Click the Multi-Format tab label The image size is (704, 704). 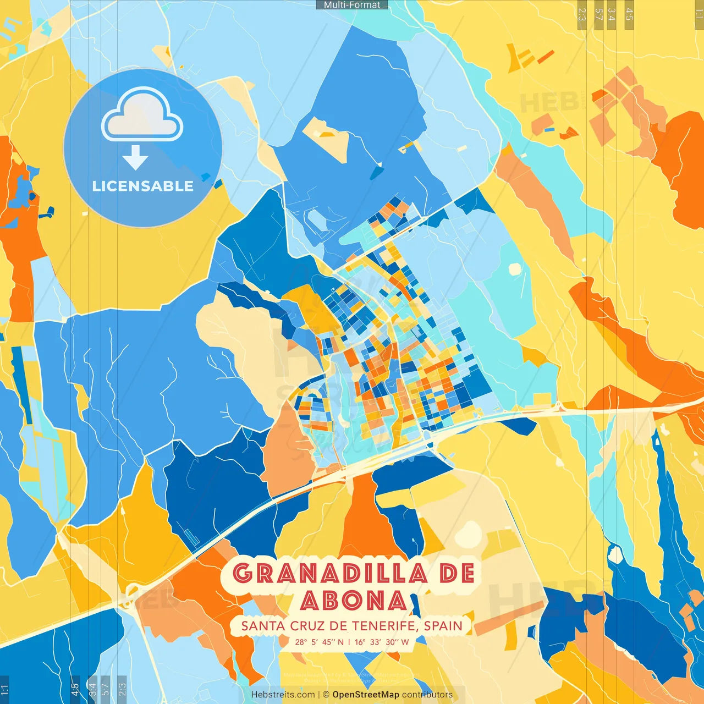pos(352,5)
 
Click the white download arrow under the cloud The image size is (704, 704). pos(135,157)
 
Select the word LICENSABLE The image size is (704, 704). pos(143,186)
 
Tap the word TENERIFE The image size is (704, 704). pos(383,626)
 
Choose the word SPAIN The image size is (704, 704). pos(443,626)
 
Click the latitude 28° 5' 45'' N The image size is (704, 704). pos(319,642)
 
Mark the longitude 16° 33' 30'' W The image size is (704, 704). pos(382,642)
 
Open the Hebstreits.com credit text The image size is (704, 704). pos(283,695)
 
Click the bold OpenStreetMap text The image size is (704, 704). pos(365,695)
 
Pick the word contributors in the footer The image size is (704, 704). pos(427,695)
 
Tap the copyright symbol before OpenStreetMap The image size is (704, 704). pos(326,695)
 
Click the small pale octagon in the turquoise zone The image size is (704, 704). pos(515,269)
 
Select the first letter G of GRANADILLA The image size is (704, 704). pos(242,574)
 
